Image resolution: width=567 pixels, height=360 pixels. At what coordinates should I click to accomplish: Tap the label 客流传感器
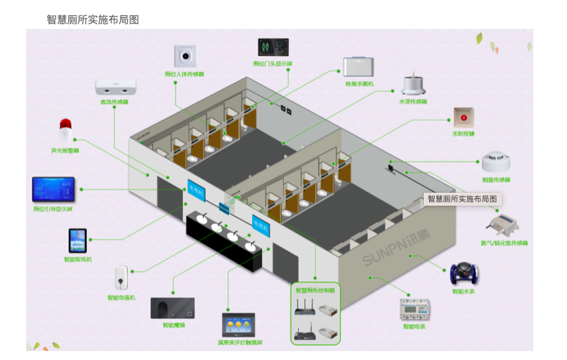click(114, 101)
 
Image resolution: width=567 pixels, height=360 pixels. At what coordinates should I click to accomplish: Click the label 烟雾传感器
click(496, 180)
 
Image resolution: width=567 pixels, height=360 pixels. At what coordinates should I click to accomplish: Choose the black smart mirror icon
click(173, 309)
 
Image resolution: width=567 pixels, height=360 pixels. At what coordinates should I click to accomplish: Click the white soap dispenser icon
click(121, 278)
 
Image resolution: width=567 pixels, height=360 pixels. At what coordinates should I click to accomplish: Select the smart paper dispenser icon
click(77, 241)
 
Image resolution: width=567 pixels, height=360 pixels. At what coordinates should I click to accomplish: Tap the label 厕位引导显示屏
click(53, 209)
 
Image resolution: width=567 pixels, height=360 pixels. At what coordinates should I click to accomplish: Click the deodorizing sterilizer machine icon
click(359, 67)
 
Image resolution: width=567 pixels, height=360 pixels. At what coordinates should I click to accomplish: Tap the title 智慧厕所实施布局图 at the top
click(93, 20)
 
